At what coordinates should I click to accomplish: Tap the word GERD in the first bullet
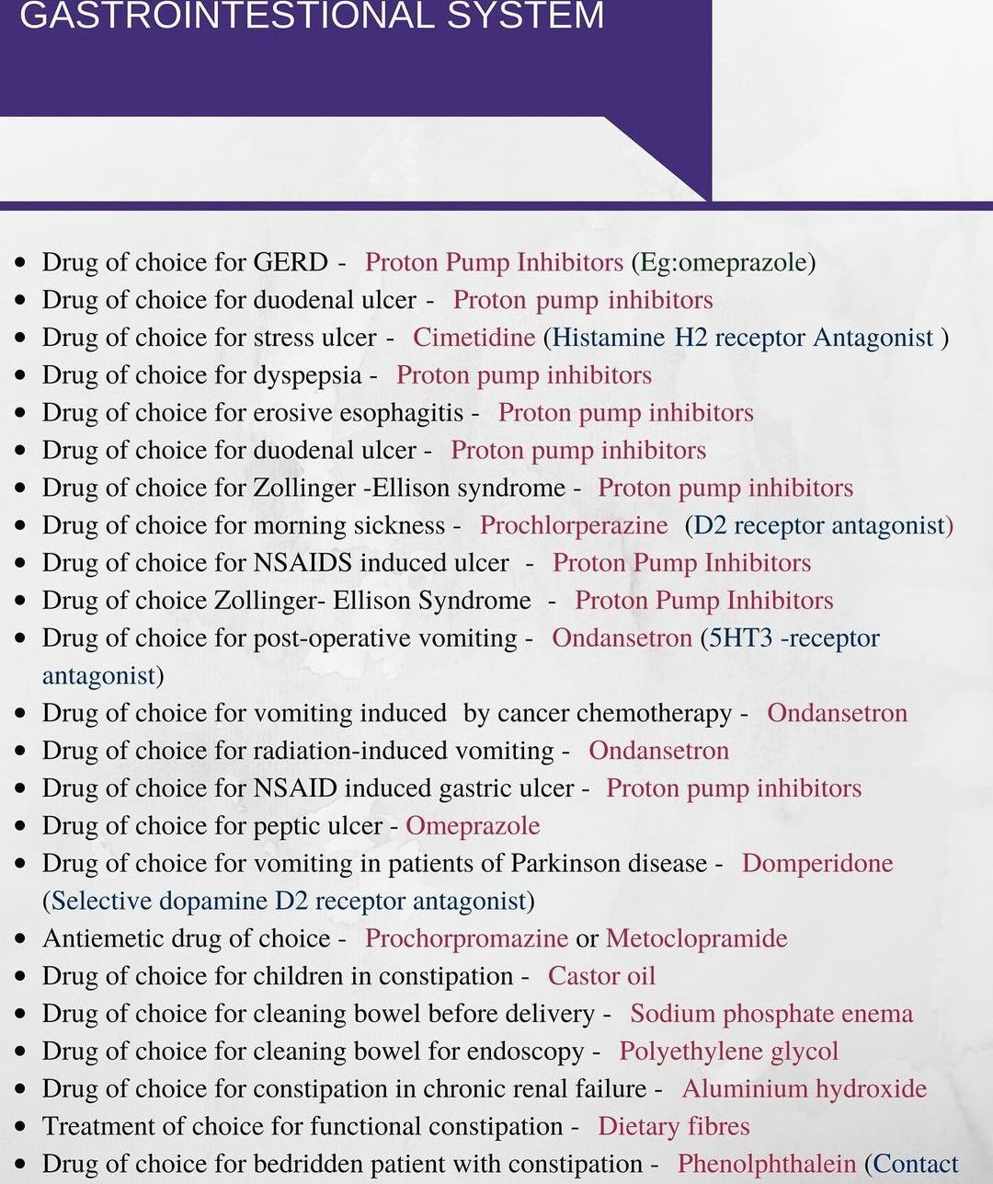291,262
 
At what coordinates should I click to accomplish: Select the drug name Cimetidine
474,338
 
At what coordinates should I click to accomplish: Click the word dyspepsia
307,376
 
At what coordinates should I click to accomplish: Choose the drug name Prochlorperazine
574,525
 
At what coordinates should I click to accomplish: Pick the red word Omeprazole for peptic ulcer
473,826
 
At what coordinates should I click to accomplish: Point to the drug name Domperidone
817,864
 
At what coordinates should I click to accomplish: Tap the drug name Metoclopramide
696,938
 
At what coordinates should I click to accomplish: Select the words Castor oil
601,976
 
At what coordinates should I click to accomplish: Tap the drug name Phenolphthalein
767,1165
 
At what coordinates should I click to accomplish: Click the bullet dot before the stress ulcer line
21,339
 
